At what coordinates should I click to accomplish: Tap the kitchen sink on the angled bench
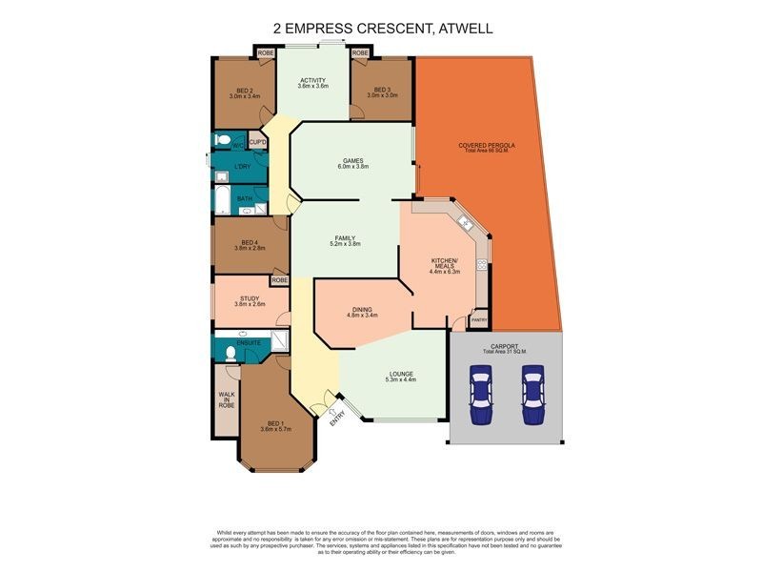(x=466, y=224)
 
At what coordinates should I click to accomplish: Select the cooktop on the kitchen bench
(x=483, y=266)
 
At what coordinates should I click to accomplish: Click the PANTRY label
(x=479, y=320)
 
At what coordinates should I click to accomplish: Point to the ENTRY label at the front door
(x=335, y=417)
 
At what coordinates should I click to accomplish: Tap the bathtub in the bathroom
(x=220, y=201)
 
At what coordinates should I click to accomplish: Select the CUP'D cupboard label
(x=257, y=142)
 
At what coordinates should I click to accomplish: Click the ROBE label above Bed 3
(x=360, y=53)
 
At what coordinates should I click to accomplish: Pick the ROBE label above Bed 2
(x=264, y=53)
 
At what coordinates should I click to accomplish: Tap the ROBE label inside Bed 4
(x=279, y=280)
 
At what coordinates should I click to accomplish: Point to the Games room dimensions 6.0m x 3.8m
(x=352, y=167)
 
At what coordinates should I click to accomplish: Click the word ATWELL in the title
(x=464, y=29)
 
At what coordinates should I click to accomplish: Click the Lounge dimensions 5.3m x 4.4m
(x=400, y=379)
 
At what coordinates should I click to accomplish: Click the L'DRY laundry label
(x=243, y=166)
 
